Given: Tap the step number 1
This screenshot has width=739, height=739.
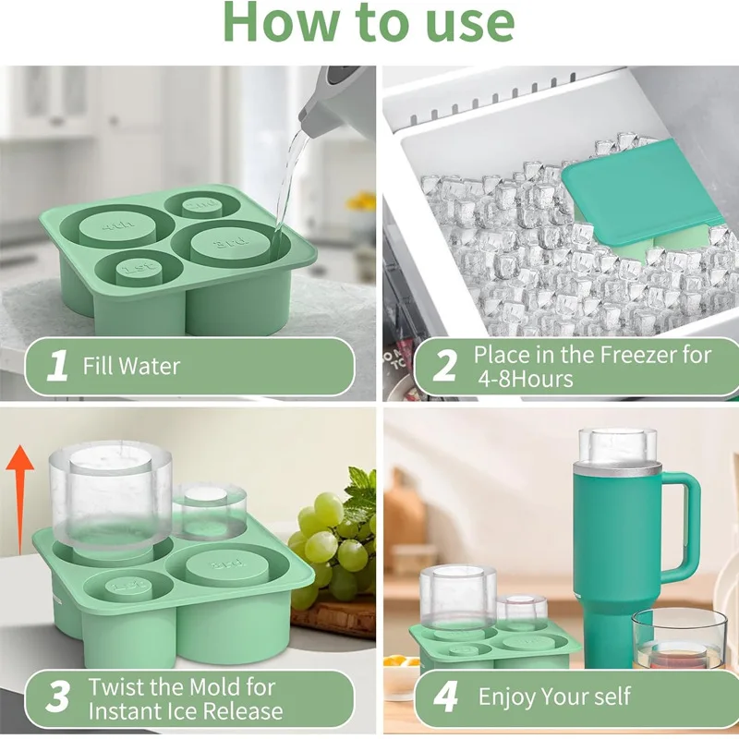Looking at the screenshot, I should click(x=57, y=367).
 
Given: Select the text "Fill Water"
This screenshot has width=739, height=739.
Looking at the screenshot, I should click(x=131, y=367).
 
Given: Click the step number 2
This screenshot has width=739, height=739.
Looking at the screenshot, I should click(x=444, y=367).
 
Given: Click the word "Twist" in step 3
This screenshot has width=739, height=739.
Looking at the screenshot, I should click(x=118, y=687).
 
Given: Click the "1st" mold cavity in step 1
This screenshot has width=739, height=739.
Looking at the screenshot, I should click(x=139, y=269).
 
